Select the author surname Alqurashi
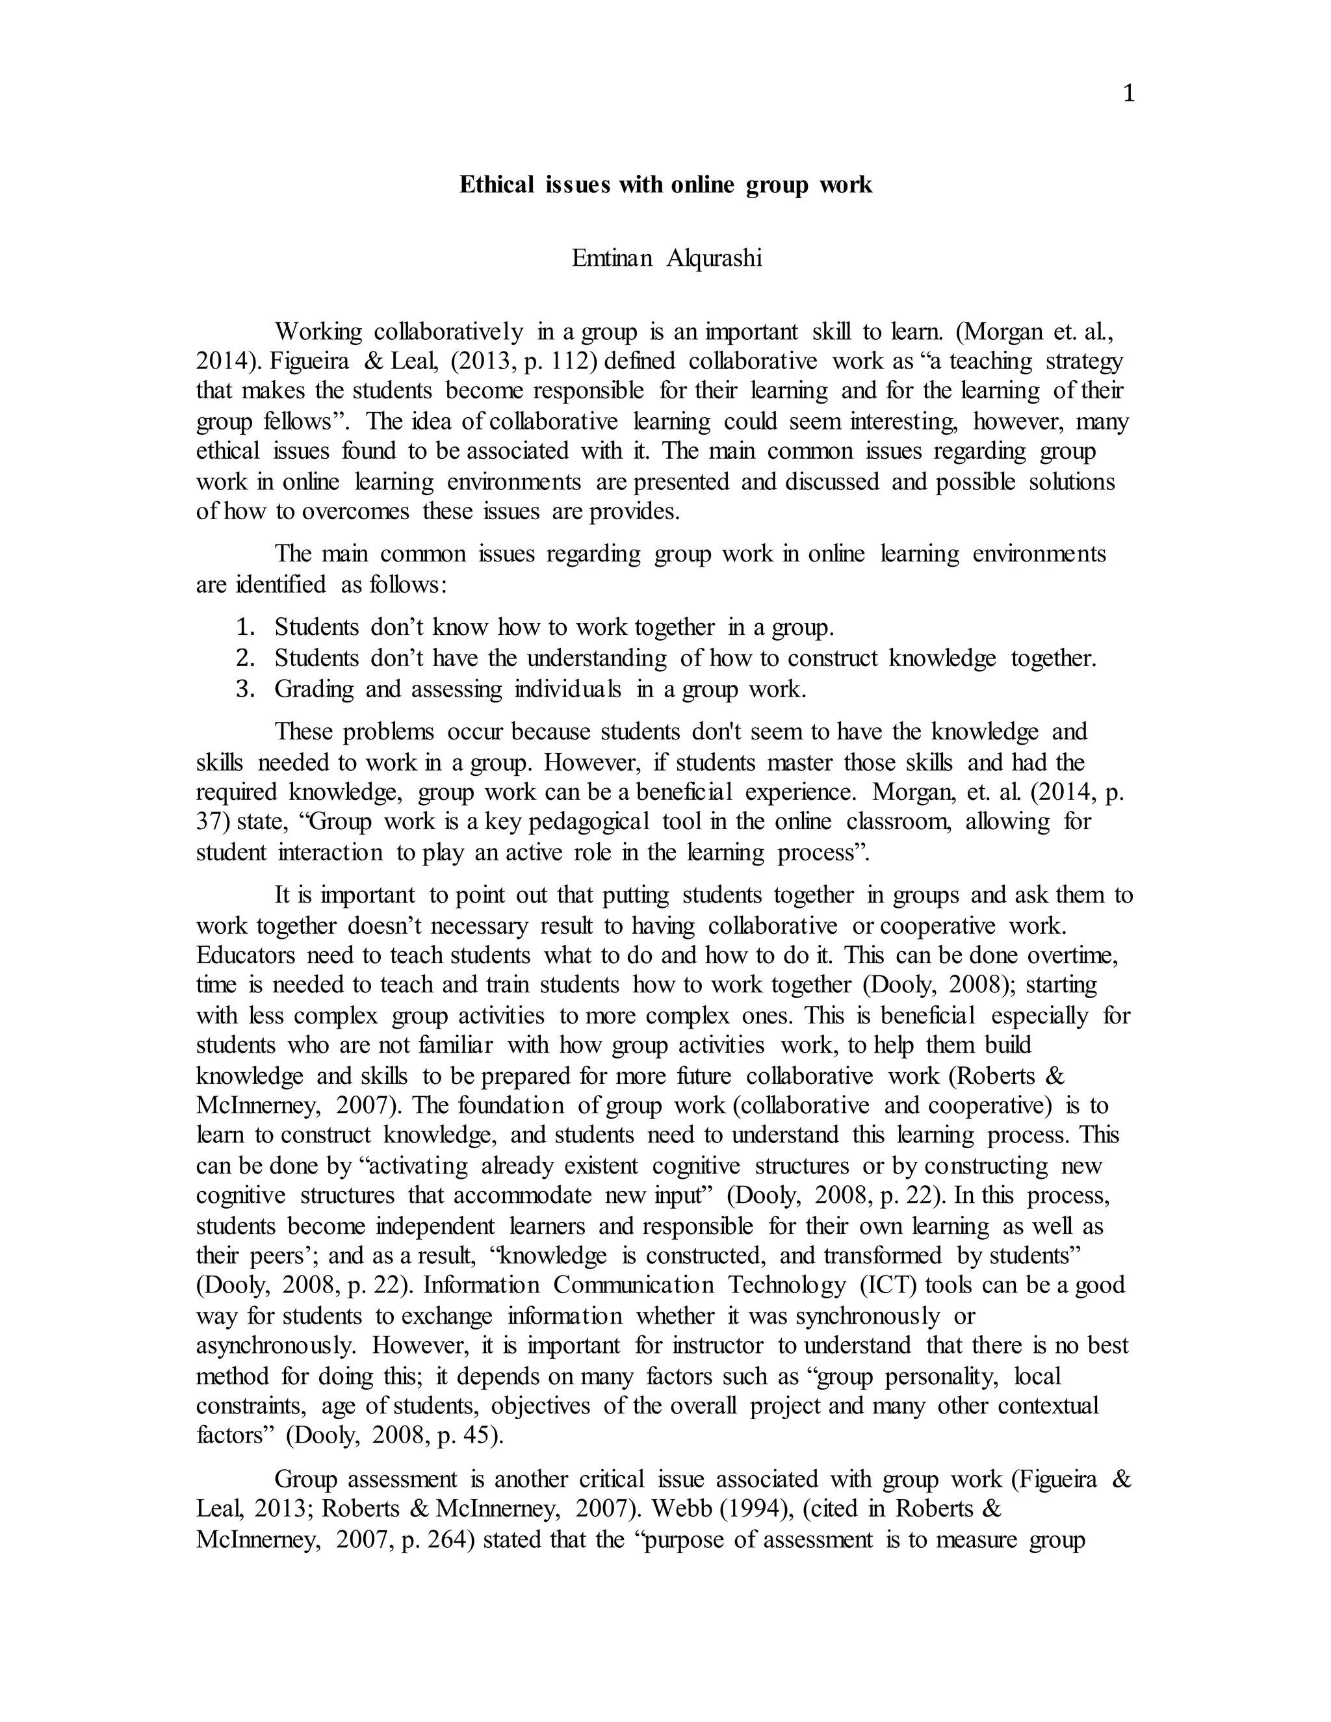tap(714, 259)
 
